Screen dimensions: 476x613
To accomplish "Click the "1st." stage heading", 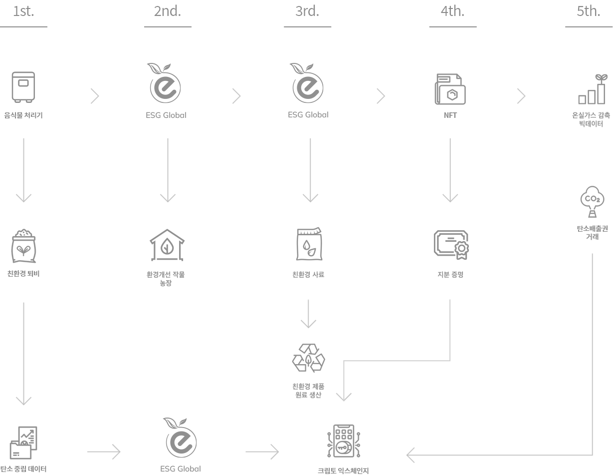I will [x=23, y=11].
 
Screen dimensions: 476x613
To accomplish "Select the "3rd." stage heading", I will [x=307, y=11].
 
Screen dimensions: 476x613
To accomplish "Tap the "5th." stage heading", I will [x=589, y=11].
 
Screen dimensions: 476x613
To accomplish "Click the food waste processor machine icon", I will [x=23, y=87].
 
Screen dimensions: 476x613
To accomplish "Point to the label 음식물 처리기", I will [x=23, y=115].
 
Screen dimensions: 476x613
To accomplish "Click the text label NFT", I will [x=450, y=115].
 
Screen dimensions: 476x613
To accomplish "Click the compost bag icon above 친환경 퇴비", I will [x=23, y=246].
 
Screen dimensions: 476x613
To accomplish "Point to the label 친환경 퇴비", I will [x=23, y=273].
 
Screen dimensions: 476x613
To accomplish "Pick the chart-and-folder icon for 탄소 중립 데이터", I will [x=23, y=443].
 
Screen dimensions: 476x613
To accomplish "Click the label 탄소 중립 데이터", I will [x=23, y=469].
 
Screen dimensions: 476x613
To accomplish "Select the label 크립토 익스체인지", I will [x=343, y=471].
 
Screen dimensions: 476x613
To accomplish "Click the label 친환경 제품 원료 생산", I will [x=308, y=391].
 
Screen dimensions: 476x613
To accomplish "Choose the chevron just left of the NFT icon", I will [x=381, y=96].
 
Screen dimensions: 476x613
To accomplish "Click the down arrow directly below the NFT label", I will [x=450, y=170].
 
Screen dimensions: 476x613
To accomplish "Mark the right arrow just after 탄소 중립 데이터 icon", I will [x=104, y=452].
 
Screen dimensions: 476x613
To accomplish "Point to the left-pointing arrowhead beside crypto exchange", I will [x=411, y=455].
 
